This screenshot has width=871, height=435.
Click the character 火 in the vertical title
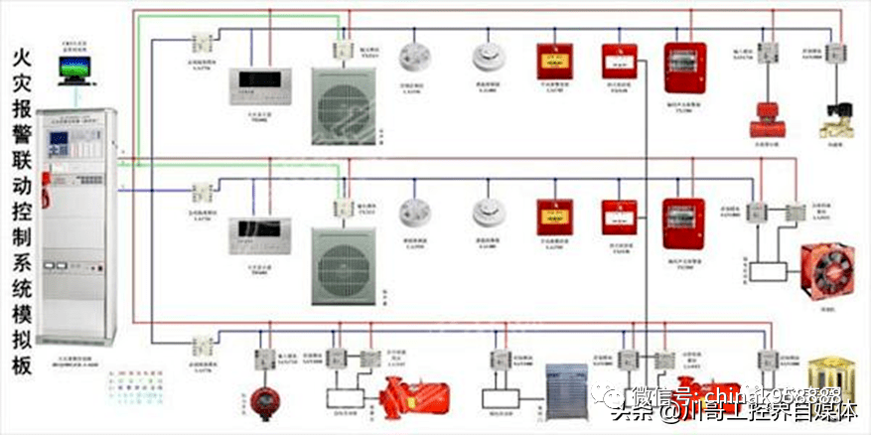pyautogui.click(x=20, y=60)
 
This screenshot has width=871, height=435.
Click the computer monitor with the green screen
pyautogui.click(x=73, y=71)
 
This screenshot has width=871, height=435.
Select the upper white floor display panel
pyautogui.click(x=251, y=86)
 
